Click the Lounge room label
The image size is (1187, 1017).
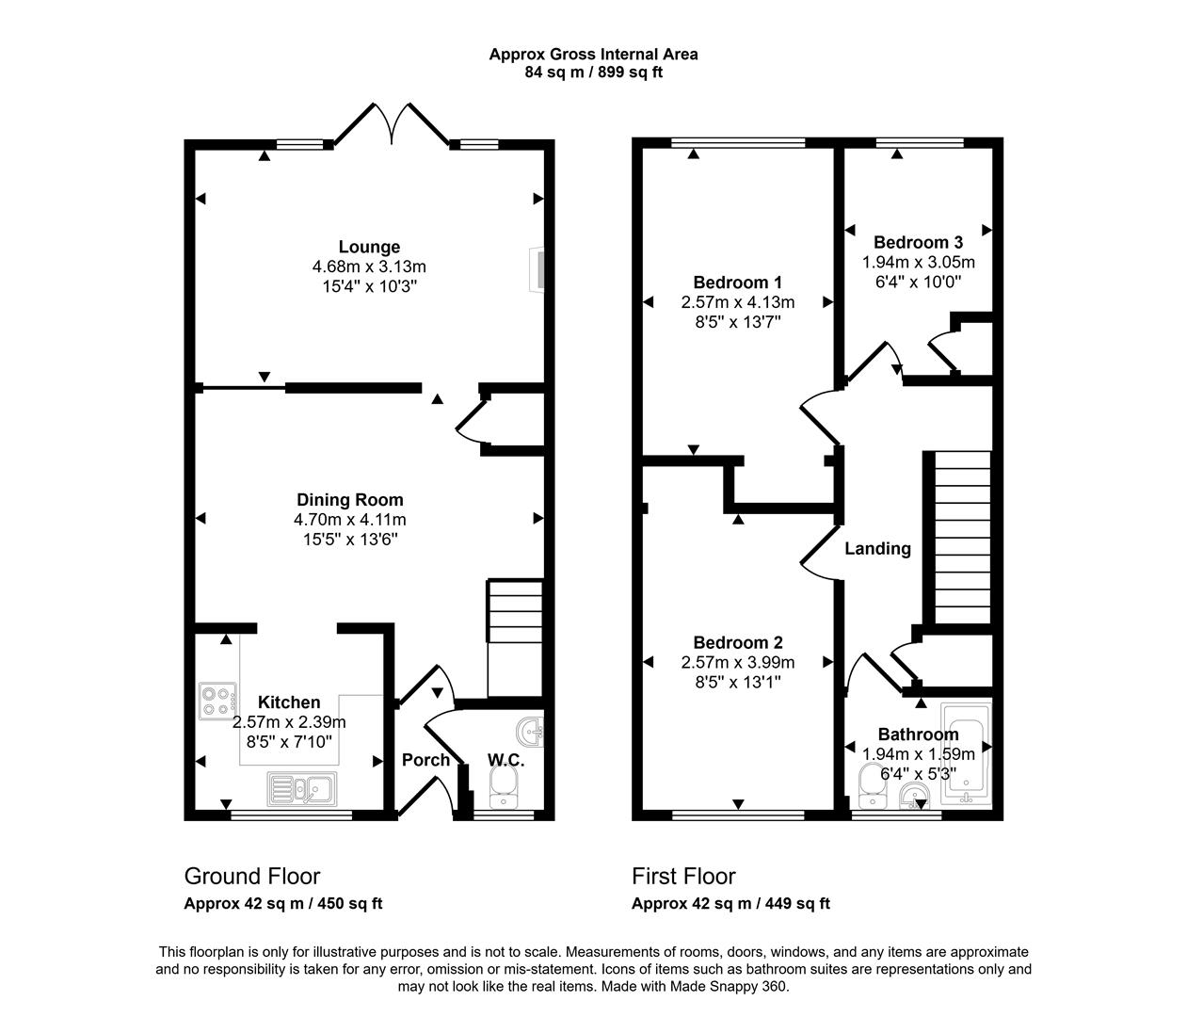click(x=369, y=248)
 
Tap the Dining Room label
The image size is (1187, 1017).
click(x=349, y=500)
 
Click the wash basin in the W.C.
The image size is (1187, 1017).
click(x=530, y=731)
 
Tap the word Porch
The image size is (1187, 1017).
click(x=425, y=760)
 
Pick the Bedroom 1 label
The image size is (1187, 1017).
click(x=737, y=282)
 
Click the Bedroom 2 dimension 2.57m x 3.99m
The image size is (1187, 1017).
click(x=738, y=663)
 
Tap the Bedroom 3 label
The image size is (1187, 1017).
click(x=918, y=242)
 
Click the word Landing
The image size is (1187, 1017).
click(x=877, y=549)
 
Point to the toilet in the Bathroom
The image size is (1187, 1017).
click(x=871, y=783)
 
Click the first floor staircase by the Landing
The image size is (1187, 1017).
click(x=961, y=537)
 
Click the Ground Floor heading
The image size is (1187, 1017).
click(x=251, y=877)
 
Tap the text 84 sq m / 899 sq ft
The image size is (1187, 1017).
click(x=593, y=73)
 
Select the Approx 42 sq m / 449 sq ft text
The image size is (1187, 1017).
click(x=730, y=904)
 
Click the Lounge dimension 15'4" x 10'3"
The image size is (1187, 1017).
click(x=369, y=285)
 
